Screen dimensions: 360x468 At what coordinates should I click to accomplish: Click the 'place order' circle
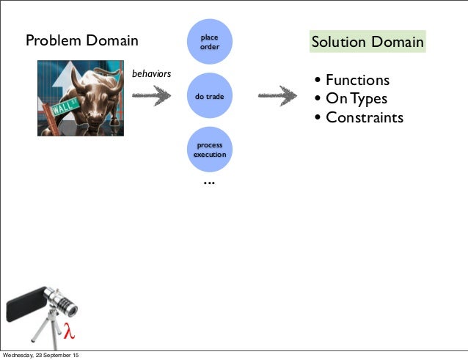pyautogui.click(x=209, y=41)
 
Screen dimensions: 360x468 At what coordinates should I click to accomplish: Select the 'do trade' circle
pyautogui.click(x=209, y=96)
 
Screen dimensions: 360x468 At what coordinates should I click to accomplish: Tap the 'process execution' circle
pyautogui.click(x=209, y=150)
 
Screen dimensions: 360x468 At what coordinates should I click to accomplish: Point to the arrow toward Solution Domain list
pyautogui.click(x=278, y=96)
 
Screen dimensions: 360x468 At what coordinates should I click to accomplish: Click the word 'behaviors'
pyautogui.click(x=151, y=74)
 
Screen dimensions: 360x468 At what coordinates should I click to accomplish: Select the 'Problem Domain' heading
pyautogui.click(x=82, y=40)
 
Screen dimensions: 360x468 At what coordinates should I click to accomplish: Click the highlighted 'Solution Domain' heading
pyautogui.click(x=367, y=42)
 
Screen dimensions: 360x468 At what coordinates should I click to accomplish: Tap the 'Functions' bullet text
pyautogui.click(x=357, y=80)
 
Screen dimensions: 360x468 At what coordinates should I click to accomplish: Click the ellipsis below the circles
pyautogui.click(x=209, y=182)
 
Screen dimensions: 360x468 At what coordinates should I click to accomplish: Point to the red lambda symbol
pyautogui.click(x=69, y=331)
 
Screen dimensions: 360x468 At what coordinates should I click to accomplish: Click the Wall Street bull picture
pyautogui.click(x=81, y=98)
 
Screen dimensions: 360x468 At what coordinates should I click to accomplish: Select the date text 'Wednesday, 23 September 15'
pyautogui.click(x=42, y=356)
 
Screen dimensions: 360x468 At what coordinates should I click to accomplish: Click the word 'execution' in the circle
pyautogui.click(x=209, y=155)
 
